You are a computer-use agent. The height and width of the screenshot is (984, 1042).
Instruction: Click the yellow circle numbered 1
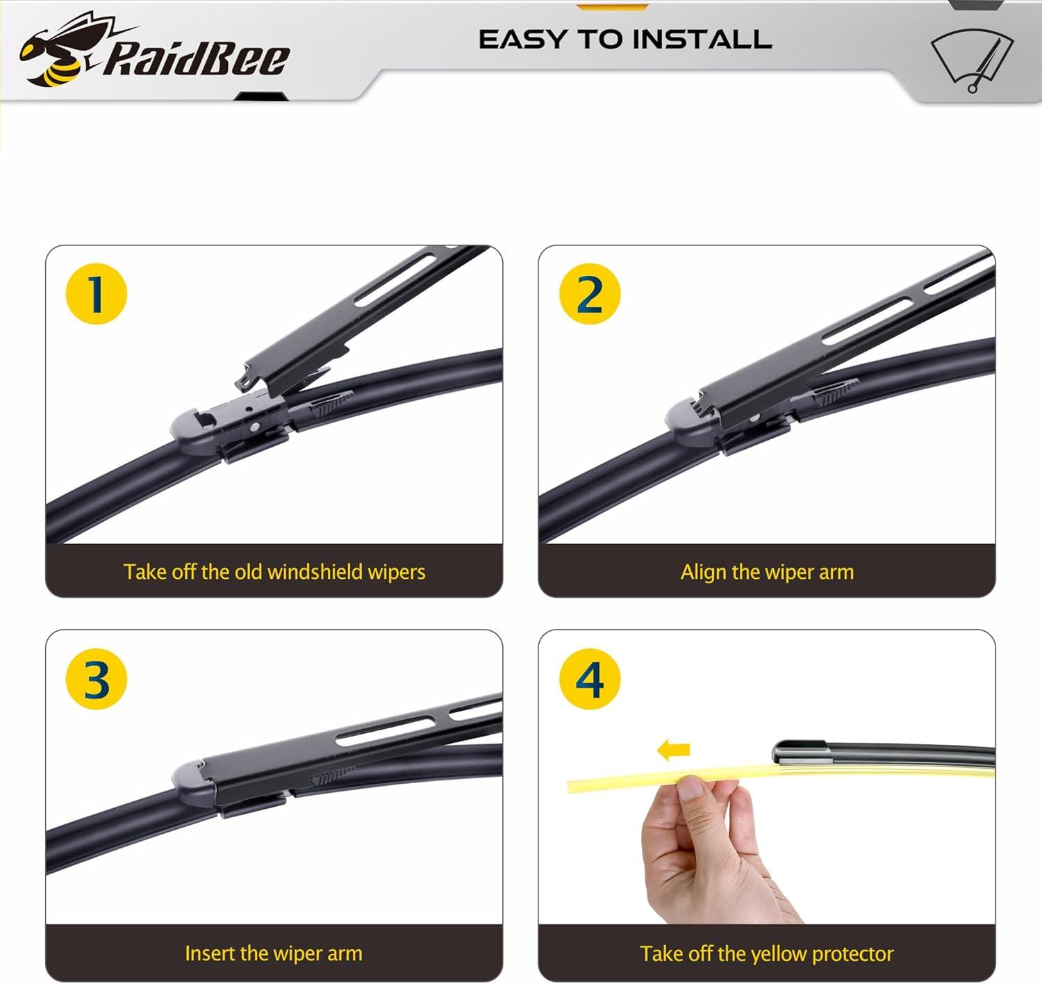coord(96,294)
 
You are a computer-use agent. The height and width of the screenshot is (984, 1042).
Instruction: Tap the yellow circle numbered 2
coord(590,294)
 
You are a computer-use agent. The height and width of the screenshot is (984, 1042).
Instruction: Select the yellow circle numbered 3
coord(96,679)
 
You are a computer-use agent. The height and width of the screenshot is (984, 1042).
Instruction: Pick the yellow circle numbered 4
coord(590,679)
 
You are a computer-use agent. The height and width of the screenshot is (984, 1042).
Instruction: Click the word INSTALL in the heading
coord(702,40)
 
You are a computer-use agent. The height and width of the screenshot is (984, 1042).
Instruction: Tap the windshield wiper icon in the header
coord(972,60)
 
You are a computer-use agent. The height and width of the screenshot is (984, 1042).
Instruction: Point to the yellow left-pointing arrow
coord(673,749)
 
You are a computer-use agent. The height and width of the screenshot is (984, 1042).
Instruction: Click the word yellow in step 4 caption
coord(779,953)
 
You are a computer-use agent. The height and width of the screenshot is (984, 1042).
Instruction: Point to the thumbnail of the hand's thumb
coord(690,787)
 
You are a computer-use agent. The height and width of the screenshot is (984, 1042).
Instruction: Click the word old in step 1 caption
coord(248,571)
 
